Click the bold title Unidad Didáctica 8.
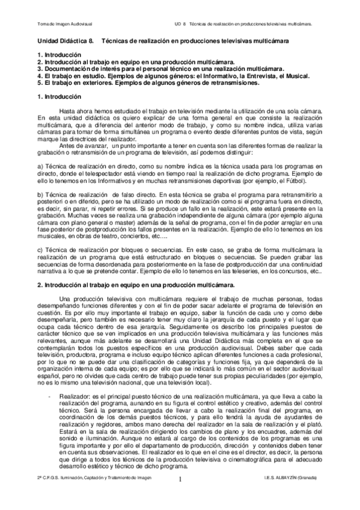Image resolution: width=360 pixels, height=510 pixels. (x=65, y=41)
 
